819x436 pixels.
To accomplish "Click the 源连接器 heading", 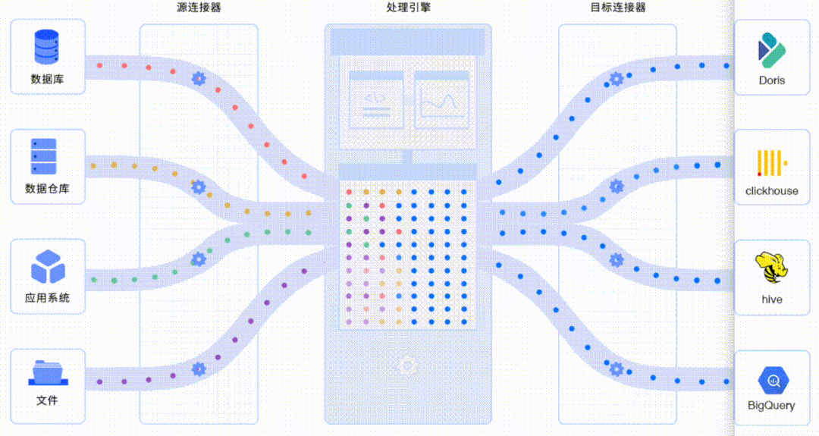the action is click(x=199, y=8).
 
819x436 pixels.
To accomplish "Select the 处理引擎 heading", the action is click(x=409, y=8).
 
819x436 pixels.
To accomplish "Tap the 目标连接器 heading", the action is click(x=618, y=8).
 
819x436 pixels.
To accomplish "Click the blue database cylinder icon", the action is click(x=47, y=47).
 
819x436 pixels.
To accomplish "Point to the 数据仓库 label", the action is click(x=47, y=189).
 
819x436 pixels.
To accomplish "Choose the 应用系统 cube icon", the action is click(x=47, y=266).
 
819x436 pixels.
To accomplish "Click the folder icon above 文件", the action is click(x=47, y=372).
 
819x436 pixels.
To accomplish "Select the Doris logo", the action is click(x=771, y=49).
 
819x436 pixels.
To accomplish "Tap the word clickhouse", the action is click(x=771, y=191).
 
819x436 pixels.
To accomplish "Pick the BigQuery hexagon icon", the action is click(x=771, y=379).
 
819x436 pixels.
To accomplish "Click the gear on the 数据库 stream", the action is click(x=199, y=77).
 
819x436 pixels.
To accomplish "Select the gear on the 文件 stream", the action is click(x=199, y=369).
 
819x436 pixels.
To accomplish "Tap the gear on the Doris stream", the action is click(x=617, y=77).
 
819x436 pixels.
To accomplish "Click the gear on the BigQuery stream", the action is click(x=617, y=369).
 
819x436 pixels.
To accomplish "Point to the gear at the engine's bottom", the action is click(x=408, y=366).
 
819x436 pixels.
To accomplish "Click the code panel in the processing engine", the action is click(x=375, y=100).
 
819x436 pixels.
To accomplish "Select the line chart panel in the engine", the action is click(x=441, y=100).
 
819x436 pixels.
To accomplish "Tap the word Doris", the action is click(x=771, y=80).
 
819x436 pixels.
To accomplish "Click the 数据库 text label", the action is click(x=47, y=79).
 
